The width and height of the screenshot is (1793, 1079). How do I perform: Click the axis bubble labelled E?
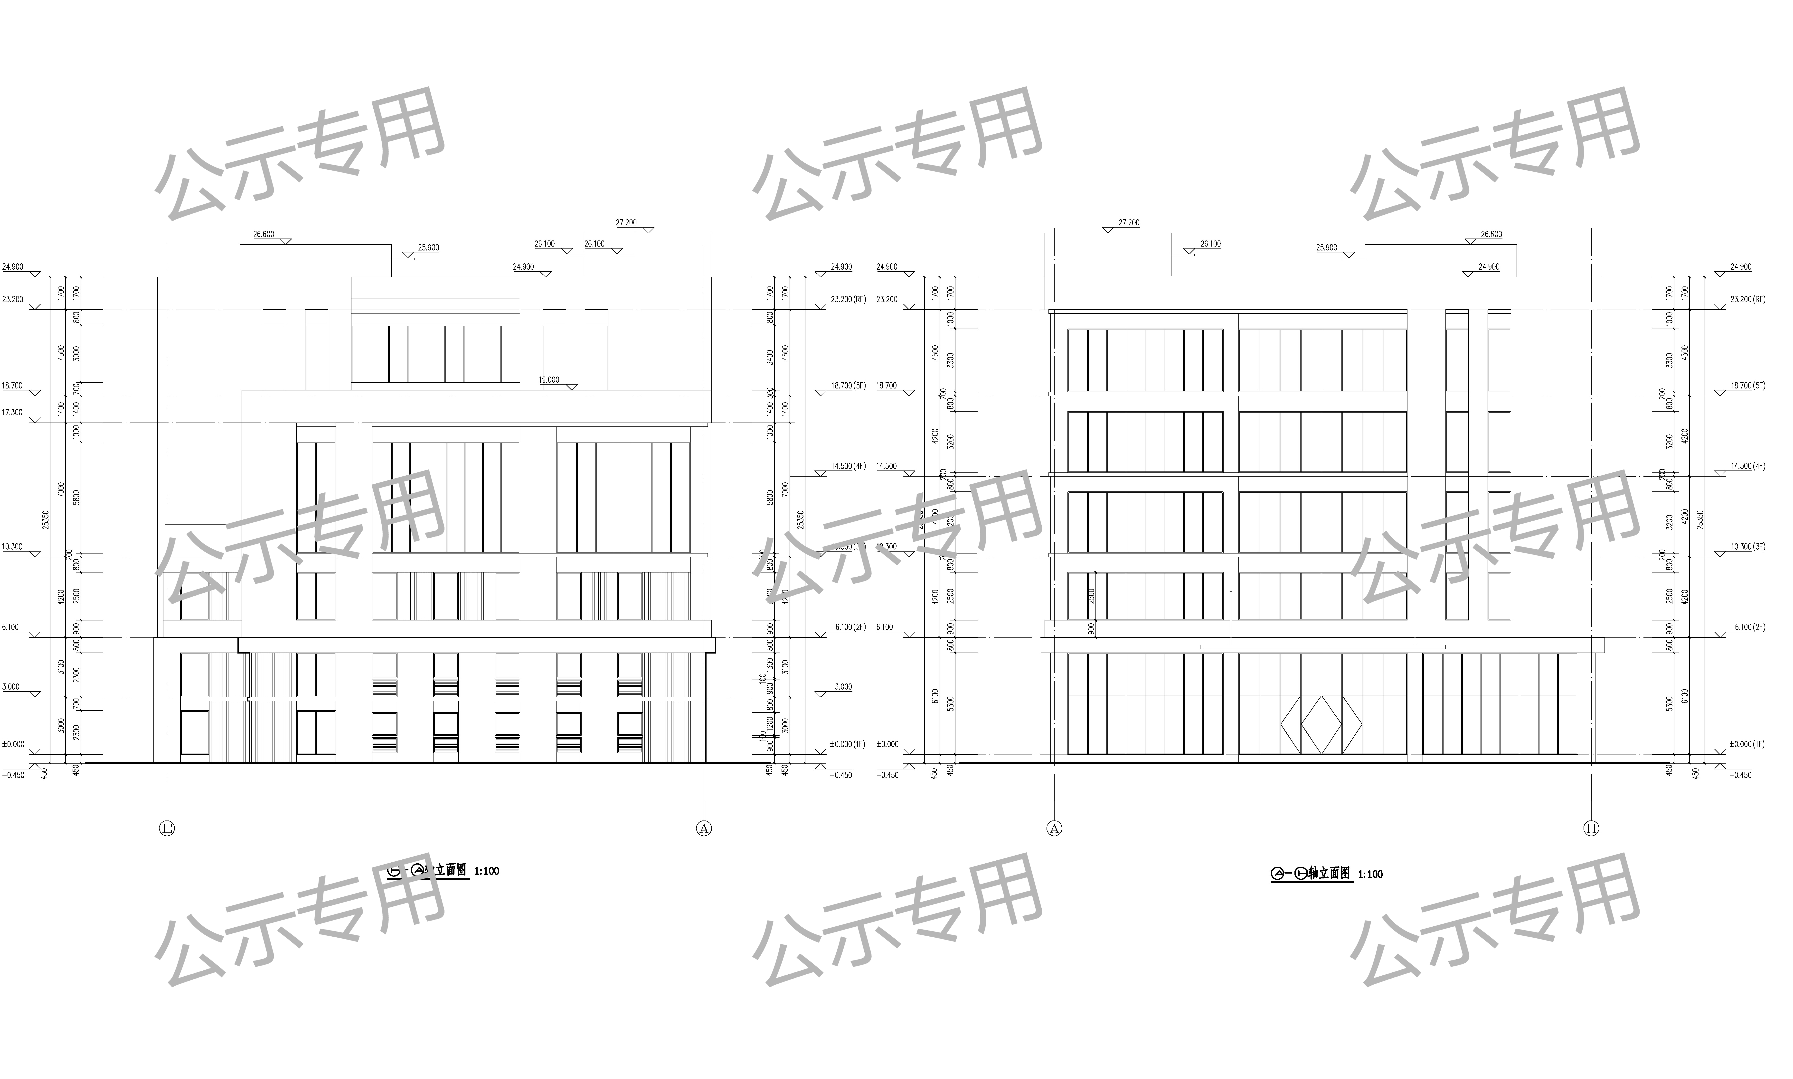click(x=167, y=828)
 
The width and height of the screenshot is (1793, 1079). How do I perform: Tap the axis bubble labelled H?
click(x=1591, y=828)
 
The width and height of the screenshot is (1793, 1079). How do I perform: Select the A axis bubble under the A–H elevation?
click(x=1054, y=828)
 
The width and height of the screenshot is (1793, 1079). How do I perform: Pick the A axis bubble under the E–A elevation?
click(x=703, y=828)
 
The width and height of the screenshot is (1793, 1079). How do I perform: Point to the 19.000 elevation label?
click(x=549, y=379)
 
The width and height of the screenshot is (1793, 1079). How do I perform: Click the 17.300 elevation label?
click(x=12, y=412)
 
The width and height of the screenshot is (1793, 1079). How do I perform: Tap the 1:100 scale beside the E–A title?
click(x=487, y=871)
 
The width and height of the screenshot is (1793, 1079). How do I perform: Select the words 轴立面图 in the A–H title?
click(x=1329, y=873)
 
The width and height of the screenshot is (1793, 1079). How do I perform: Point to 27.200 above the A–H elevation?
click(x=1129, y=222)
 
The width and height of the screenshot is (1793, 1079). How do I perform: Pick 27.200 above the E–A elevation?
click(x=625, y=222)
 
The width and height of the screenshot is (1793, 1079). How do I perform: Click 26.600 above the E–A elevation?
click(x=263, y=234)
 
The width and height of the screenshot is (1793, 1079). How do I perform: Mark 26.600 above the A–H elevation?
click(x=1491, y=234)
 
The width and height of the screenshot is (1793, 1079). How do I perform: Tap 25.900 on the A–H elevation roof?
click(x=1326, y=247)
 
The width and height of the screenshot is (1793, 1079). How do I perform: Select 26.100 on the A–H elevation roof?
click(x=1210, y=244)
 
